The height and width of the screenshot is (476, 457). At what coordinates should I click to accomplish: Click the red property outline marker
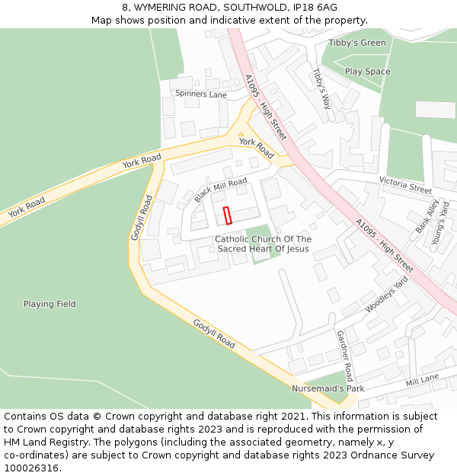click(227, 216)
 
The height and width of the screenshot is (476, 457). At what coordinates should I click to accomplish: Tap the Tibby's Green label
click(357, 43)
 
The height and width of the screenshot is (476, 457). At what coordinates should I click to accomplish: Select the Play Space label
click(367, 72)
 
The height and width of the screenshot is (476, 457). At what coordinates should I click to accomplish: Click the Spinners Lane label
click(201, 94)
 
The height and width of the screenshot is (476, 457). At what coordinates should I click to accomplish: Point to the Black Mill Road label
click(221, 190)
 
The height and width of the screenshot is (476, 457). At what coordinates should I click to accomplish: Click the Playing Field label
click(50, 304)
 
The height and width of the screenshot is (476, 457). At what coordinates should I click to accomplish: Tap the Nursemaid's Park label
click(328, 388)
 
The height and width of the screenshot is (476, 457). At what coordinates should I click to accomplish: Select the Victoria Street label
click(405, 184)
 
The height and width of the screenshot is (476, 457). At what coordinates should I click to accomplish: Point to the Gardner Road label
click(344, 356)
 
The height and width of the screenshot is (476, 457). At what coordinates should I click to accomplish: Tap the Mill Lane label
click(422, 379)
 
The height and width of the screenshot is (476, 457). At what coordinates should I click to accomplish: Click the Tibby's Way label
click(321, 88)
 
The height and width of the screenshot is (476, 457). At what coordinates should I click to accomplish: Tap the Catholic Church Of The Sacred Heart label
click(263, 244)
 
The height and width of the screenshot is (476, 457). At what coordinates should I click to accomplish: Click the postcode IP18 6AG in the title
click(310, 7)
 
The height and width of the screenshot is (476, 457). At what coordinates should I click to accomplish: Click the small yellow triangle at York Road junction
click(241, 135)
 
